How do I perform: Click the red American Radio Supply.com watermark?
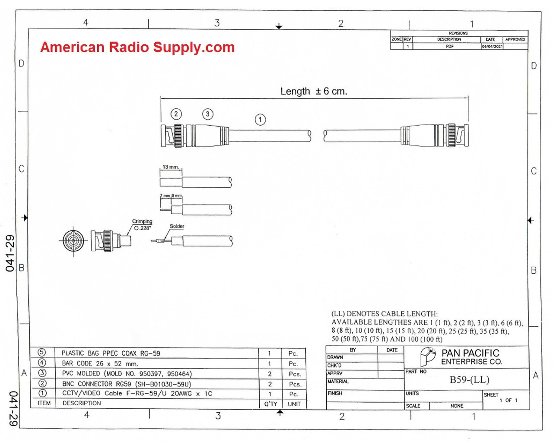pyautogui.click(x=137, y=47)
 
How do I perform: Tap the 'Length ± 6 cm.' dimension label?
pyautogui.click(x=314, y=91)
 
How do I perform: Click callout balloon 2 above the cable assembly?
pyautogui.click(x=176, y=114)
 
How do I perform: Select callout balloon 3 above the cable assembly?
pyautogui.click(x=208, y=114)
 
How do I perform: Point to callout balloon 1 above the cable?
pyautogui.click(x=260, y=120)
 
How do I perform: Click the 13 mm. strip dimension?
pyautogui.click(x=171, y=167)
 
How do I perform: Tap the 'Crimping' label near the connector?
pyautogui.click(x=142, y=221)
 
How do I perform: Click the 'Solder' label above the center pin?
pyautogui.click(x=177, y=226)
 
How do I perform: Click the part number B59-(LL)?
pyautogui.click(x=469, y=380)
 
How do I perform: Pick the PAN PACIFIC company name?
pyautogui.click(x=470, y=353)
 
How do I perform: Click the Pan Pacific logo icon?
pyautogui.click(x=428, y=357)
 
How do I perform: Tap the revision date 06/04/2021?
pyautogui.click(x=492, y=46)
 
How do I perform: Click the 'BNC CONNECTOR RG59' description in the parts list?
pyautogui.click(x=126, y=384)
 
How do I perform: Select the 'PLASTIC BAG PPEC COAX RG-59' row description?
pyautogui.click(x=111, y=353)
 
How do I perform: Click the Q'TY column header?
pyautogui.click(x=270, y=404)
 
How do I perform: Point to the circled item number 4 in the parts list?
pyautogui.click(x=42, y=363)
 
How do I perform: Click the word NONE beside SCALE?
pyautogui.click(x=457, y=406)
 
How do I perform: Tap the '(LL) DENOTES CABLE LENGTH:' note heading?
pyautogui.click(x=384, y=314)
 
